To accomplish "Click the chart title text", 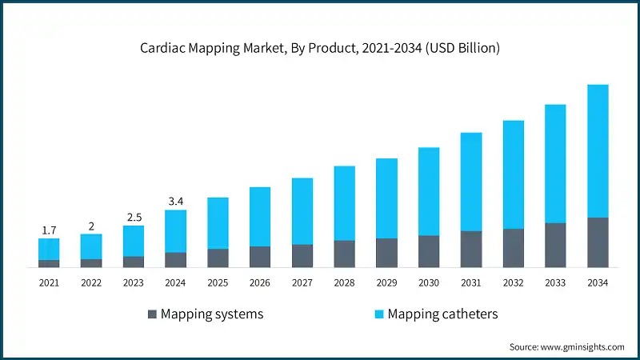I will click(x=320, y=48).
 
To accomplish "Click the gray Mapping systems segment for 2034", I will click(x=598, y=242).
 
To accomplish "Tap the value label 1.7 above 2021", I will click(x=49, y=230).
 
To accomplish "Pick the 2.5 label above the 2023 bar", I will click(x=134, y=218).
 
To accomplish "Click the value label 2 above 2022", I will click(x=91, y=226).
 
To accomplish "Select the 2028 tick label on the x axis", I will click(x=344, y=282).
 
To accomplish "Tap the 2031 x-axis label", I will click(x=471, y=282).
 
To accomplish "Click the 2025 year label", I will click(x=218, y=282).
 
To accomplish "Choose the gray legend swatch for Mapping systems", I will click(x=152, y=314).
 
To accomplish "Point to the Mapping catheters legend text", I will click(x=442, y=314).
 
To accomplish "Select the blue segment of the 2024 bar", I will click(x=175, y=231).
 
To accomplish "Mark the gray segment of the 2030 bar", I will click(x=429, y=250).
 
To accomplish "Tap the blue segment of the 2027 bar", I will click(x=302, y=211).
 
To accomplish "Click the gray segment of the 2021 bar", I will click(x=49, y=262).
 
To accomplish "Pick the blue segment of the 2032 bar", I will click(x=514, y=174).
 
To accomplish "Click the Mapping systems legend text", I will click(x=212, y=314).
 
